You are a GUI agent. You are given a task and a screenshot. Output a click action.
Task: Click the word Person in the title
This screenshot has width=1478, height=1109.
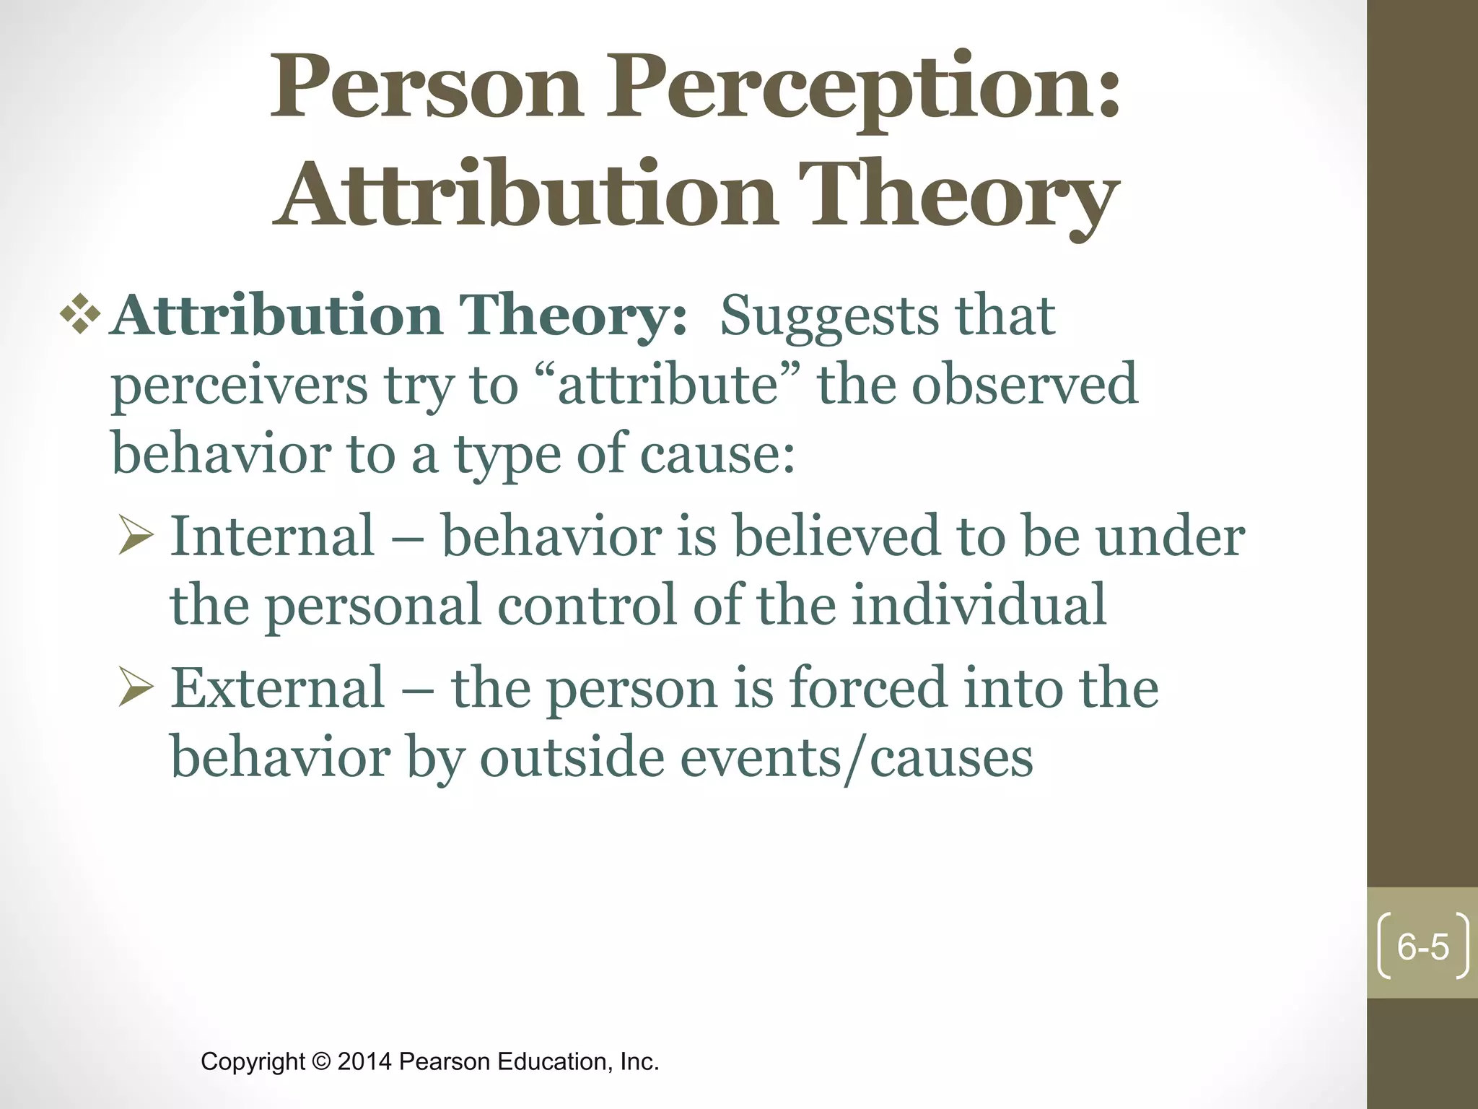coord(426,90)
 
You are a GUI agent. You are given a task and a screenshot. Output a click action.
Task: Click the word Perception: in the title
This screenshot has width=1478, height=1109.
coord(862,90)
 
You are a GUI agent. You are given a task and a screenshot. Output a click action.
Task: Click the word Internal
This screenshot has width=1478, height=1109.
coord(272,536)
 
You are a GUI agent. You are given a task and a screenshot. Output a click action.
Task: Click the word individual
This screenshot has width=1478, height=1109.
coord(979,605)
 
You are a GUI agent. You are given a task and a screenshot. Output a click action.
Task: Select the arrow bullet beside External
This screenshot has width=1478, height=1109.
coord(135,690)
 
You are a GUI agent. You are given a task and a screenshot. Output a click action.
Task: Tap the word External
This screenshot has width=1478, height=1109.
coord(278,688)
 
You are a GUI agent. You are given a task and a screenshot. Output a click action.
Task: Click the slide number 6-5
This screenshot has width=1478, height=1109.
coord(1422,947)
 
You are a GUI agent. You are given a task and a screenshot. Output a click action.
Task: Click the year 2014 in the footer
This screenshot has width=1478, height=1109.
coord(364,1062)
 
